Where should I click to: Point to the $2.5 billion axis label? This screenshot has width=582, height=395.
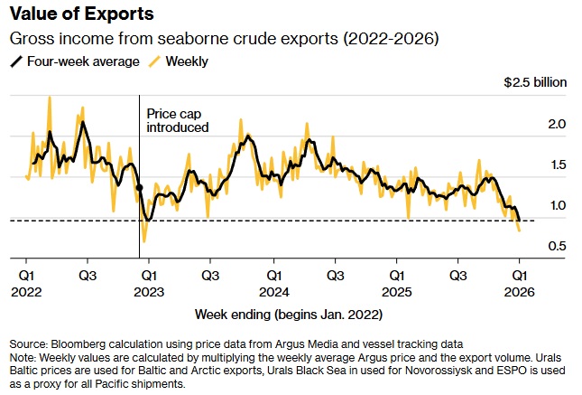[x=535, y=82]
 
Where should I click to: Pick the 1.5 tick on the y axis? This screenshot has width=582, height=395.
[x=557, y=165]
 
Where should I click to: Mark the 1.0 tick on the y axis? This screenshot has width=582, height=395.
[x=557, y=206]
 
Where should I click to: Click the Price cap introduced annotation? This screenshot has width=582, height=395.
[x=178, y=121]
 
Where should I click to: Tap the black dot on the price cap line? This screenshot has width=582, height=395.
[x=140, y=187]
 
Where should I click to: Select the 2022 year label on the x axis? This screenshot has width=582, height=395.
[x=27, y=291]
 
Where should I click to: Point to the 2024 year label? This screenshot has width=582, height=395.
[x=273, y=291]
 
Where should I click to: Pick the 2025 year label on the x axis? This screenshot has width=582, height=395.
[x=397, y=291]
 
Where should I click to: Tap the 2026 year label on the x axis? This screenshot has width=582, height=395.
[x=520, y=291]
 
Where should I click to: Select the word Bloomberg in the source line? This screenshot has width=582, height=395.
[x=83, y=344]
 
